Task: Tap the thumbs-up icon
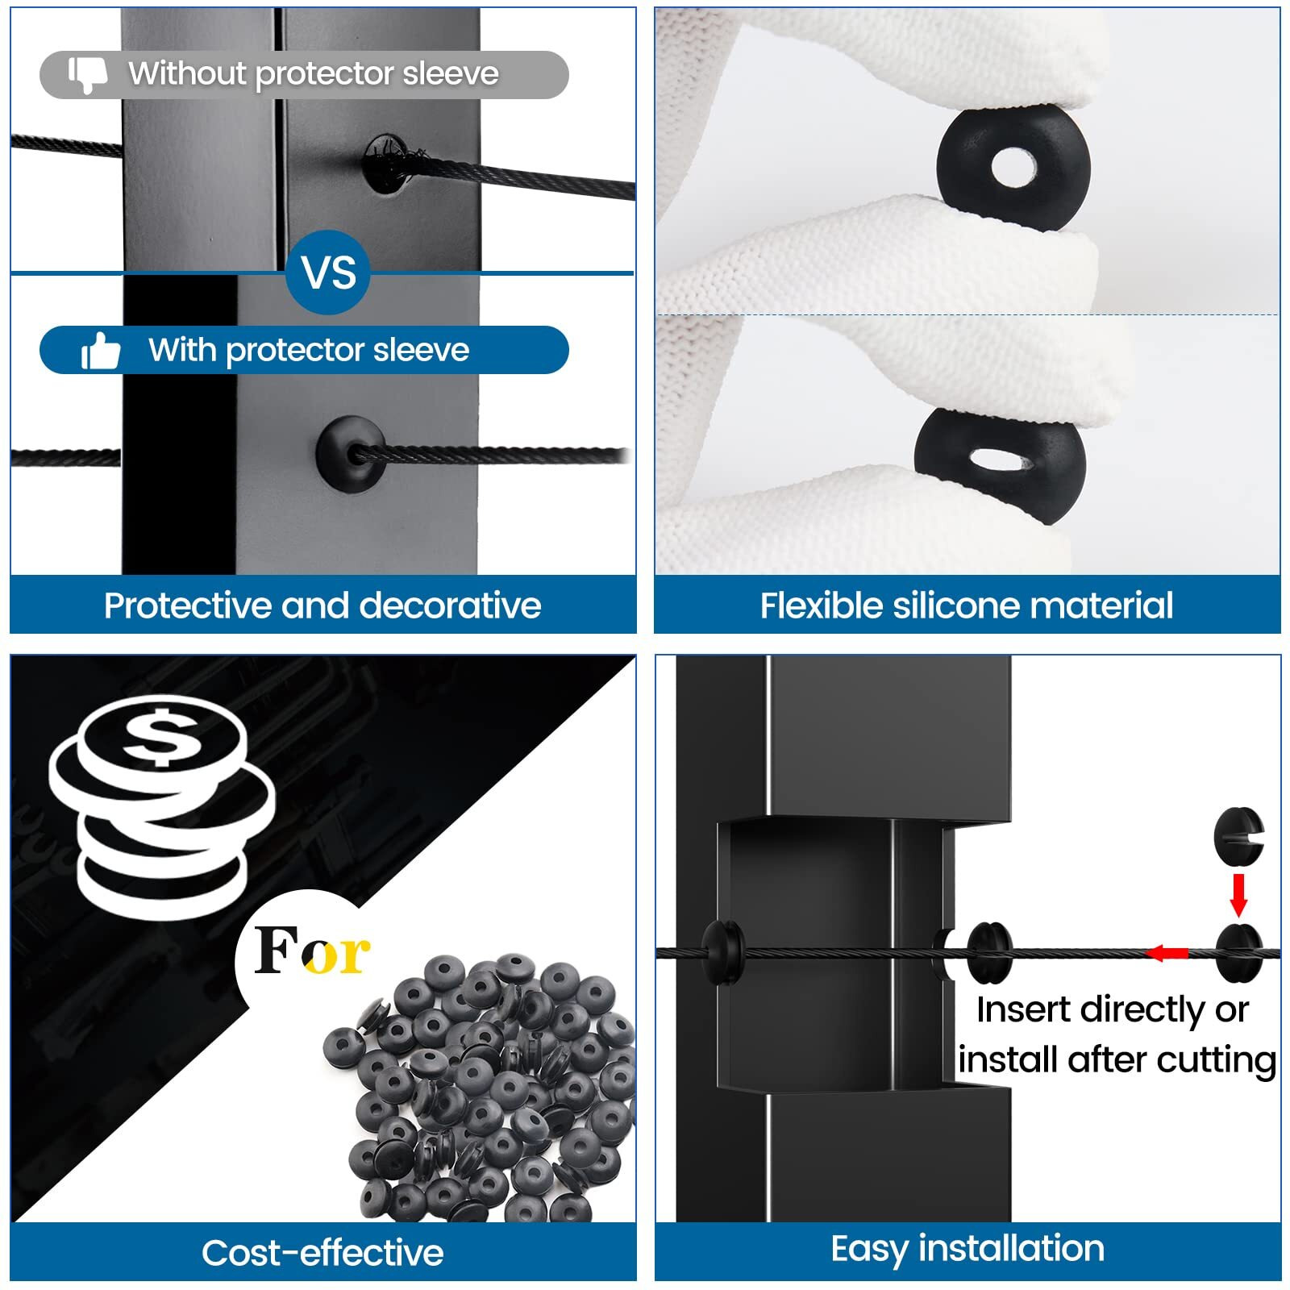[x=101, y=352]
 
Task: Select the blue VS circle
[x=328, y=273]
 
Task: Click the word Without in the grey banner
[x=187, y=74]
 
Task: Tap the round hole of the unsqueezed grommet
[x=1013, y=169]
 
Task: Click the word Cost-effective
[x=322, y=1253]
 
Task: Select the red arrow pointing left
[x=1167, y=953]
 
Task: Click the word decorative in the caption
[x=451, y=606]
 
